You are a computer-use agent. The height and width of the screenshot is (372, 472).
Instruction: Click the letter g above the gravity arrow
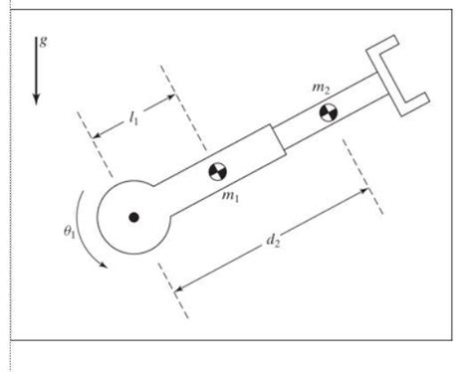[41, 42]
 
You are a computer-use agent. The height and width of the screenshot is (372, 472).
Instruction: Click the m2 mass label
[321, 89]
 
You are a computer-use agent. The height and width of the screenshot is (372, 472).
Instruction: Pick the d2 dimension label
[273, 241]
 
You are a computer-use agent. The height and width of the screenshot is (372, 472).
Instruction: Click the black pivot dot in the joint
[134, 215]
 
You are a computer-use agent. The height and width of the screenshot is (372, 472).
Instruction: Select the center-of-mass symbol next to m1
[216, 172]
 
